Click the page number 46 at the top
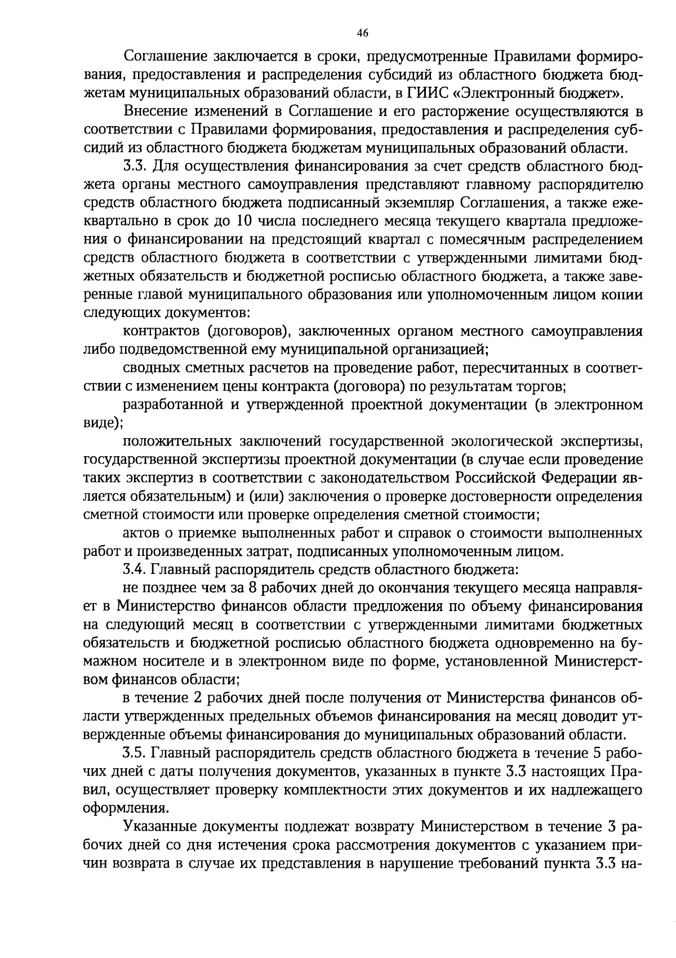point(362,33)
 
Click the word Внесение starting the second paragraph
point(155,112)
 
